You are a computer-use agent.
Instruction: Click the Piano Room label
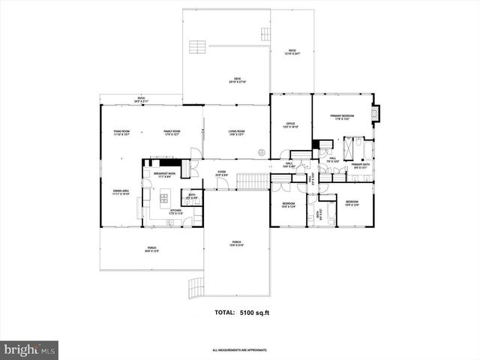[122, 133]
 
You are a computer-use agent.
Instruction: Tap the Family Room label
[172, 133]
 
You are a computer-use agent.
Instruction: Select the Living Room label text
[237, 133]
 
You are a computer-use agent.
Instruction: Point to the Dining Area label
[121, 192]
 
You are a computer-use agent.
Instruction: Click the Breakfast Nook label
[164, 174]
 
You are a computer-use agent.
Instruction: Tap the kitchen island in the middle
[164, 199]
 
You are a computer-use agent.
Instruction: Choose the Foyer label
[222, 173]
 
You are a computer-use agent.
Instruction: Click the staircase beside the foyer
[252, 181]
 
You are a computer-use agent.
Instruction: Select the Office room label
[290, 126]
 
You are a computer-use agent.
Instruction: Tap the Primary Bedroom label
[341, 117]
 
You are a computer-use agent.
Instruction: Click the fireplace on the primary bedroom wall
[376, 114]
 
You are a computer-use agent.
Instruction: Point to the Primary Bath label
[361, 166]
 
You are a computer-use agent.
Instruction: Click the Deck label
[236, 80]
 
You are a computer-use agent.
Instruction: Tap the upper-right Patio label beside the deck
[292, 52]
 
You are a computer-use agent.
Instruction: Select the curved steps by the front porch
[193, 286]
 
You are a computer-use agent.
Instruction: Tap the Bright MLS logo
[29, 349]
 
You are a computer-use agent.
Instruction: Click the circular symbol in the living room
[262, 148]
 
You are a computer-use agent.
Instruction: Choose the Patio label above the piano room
[141, 99]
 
